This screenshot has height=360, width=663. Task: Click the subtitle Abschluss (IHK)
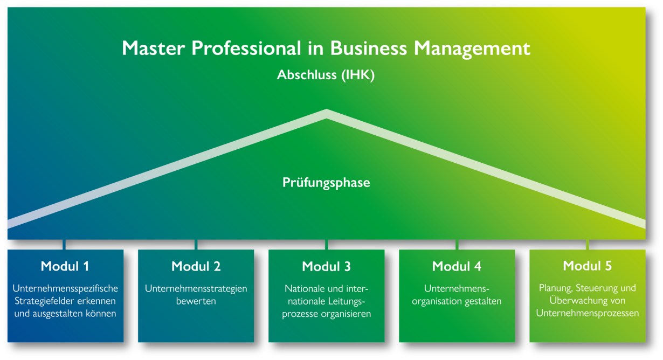coord(326,75)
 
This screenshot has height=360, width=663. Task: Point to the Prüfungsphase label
coord(326,183)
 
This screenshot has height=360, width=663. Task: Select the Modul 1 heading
coord(65,266)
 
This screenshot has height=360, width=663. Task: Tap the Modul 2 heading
coord(196,266)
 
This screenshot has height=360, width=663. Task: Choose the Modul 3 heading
coord(326,266)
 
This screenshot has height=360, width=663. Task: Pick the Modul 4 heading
coord(457,266)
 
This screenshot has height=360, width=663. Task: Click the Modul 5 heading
coord(587,266)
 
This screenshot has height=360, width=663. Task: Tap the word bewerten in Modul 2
coord(196,301)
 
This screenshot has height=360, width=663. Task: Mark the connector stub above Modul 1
coord(65,245)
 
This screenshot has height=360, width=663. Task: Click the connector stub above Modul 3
coord(326,245)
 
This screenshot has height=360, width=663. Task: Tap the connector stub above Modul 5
coord(587,245)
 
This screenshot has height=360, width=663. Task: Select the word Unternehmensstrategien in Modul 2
coord(196,289)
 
